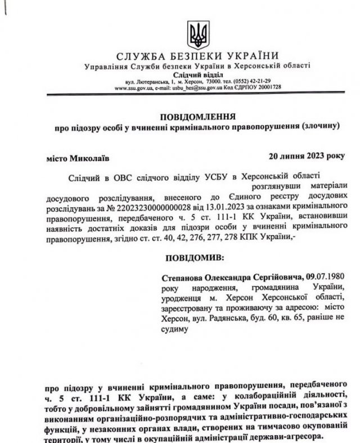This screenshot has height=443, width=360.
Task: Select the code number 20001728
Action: point(269,88)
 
